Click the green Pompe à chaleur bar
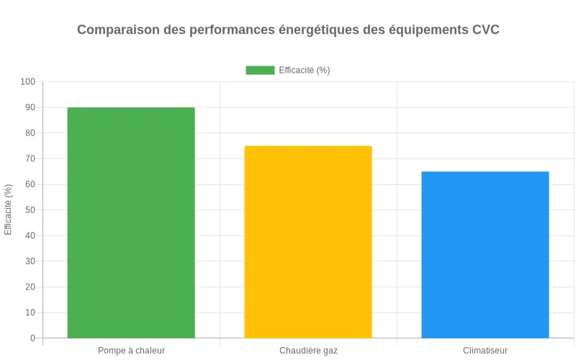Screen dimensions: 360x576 click(x=131, y=222)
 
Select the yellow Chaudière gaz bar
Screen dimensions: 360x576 click(x=308, y=242)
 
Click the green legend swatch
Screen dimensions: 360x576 click(x=260, y=70)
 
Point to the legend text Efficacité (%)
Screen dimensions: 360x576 click(x=305, y=70)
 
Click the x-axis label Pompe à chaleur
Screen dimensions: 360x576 click(x=131, y=351)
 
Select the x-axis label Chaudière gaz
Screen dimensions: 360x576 click(x=308, y=351)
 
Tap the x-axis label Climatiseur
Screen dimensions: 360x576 click(x=485, y=351)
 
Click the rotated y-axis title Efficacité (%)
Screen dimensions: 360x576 click(x=9, y=210)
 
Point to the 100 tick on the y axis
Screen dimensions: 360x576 click(x=27, y=82)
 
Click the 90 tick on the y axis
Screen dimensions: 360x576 click(x=30, y=107)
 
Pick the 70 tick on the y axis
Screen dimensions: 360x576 click(x=30, y=159)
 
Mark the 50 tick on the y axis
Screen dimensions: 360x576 click(x=30, y=210)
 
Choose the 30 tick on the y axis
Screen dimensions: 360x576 click(x=30, y=261)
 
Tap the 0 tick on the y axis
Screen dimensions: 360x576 click(x=32, y=338)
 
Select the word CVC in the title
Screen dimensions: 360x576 click(x=485, y=30)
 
